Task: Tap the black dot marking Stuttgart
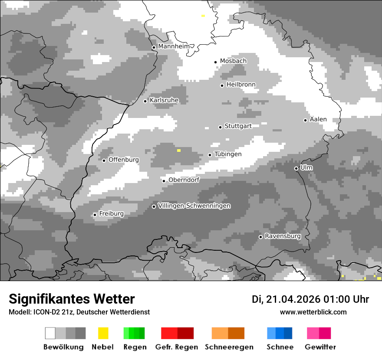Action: coord(220,127)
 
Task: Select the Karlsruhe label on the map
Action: coord(164,100)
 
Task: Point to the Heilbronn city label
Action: coord(241,85)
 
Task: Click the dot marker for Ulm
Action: coord(296,168)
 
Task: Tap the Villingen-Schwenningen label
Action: coord(194,206)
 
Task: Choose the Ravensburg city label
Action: coord(283,236)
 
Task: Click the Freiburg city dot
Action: coord(95,215)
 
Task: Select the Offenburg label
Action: coord(124,160)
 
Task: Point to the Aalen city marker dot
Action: coord(305,120)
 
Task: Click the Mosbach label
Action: coord(233,61)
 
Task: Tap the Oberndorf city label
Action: coord(184,180)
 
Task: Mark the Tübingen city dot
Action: coord(210,155)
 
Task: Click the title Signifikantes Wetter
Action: coord(72,299)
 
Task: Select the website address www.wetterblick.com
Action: coord(313,312)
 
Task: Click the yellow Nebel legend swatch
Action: coord(103,333)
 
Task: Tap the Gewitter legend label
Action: coord(320,347)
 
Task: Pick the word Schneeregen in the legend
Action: coord(229,347)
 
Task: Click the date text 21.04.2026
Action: coord(293,299)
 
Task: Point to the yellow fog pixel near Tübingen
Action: coord(178,150)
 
